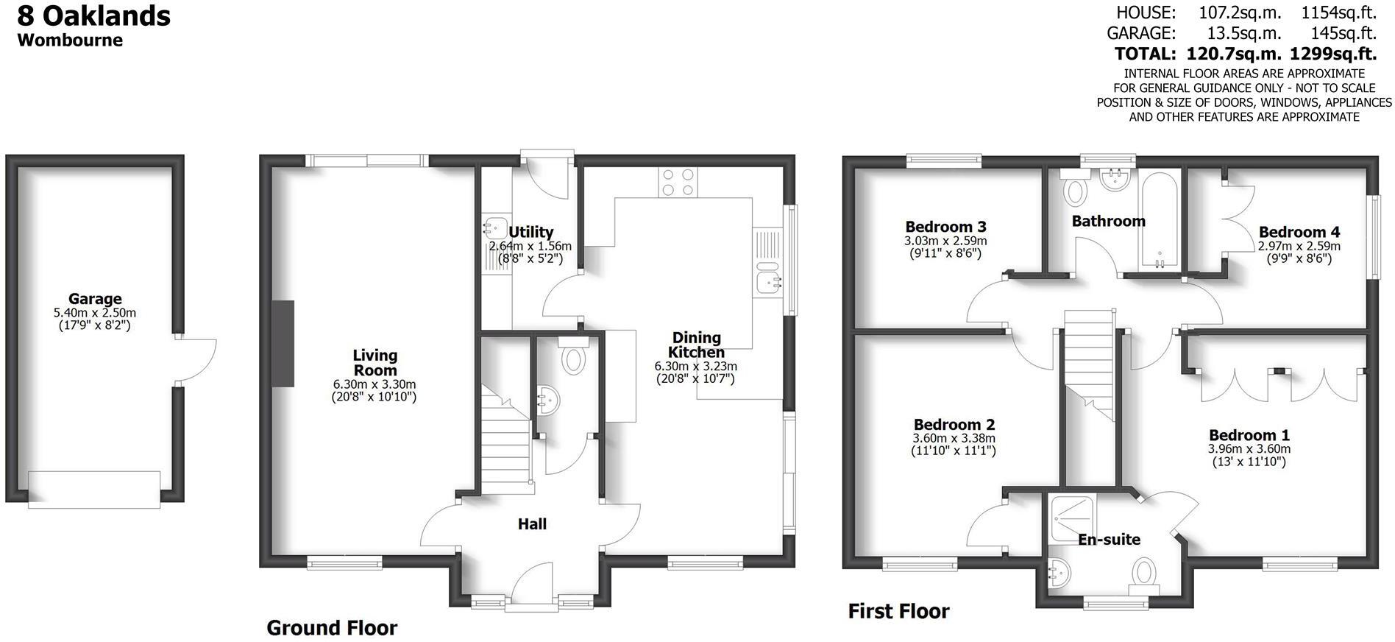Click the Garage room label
(x=95, y=299)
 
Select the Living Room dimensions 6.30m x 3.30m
(x=374, y=384)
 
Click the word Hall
(x=532, y=524)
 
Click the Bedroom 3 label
(x=945, y=227)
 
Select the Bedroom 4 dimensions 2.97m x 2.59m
(x=1299, y=247)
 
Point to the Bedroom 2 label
(x=954, y=425)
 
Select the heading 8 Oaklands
(x=94, y=15)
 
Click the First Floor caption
(x=898, y=611)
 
